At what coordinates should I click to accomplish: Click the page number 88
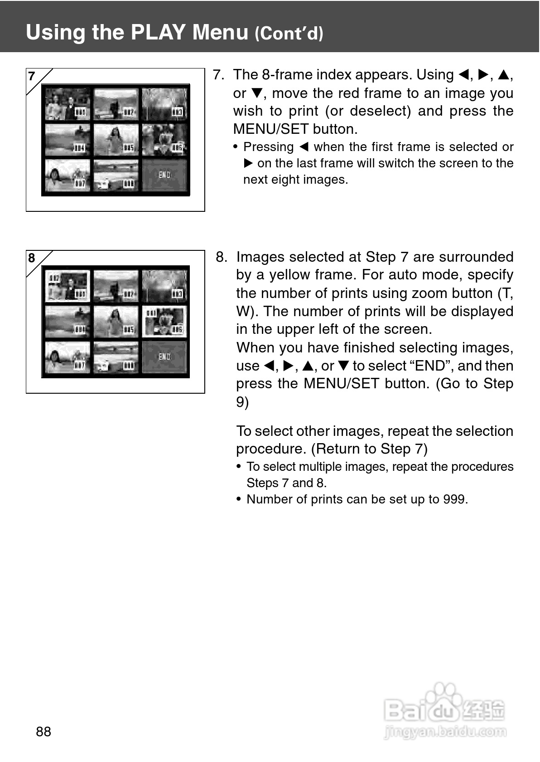pos(43,731)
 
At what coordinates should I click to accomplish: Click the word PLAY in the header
pos(158,32)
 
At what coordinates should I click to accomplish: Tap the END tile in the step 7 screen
pos(164,175)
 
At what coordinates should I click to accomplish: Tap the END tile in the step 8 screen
pos(164,357)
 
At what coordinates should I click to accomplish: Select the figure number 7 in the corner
pos(32,76)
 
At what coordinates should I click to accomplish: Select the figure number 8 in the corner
pos(32,258)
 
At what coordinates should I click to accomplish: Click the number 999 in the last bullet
pos(454,499)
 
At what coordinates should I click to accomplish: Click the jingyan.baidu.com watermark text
pos(445,731)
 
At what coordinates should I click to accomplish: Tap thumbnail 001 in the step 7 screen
pos(67,104)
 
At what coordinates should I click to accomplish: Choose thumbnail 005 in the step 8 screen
pos(116,322)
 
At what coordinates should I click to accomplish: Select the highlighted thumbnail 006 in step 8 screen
pos(164,322)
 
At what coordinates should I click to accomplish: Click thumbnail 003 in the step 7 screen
pos(164,104)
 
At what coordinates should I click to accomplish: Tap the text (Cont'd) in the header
pos(289,34)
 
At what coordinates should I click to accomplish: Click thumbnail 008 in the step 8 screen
pos(116,357)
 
